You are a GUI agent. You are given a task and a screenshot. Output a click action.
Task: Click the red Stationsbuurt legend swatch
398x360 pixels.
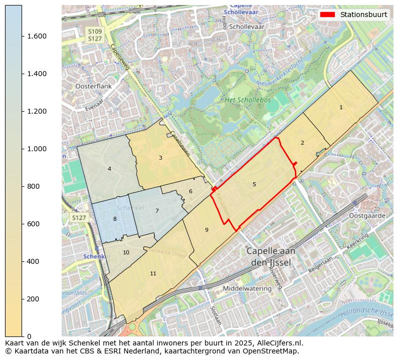point(328,15)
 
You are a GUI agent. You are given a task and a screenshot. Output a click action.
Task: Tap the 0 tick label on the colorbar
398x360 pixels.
point(29,336)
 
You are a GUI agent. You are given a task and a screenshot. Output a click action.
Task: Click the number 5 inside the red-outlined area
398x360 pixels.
point(254,184)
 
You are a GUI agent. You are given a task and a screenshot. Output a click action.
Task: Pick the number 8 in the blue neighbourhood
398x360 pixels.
point(115,219)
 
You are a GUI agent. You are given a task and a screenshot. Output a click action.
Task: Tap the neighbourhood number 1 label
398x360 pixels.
point(341,107)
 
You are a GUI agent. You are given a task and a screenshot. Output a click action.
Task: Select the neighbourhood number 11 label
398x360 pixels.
point(153,273)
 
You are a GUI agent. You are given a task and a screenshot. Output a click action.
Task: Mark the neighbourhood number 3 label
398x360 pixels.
point(160,158)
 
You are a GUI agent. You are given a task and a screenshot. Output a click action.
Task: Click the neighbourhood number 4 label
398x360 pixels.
point(109,169)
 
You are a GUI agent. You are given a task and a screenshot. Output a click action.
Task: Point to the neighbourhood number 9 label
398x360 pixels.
point(207,230)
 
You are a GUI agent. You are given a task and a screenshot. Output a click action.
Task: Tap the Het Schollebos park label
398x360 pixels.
point(248,100)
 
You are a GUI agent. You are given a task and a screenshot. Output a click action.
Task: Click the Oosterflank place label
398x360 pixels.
point(93,86)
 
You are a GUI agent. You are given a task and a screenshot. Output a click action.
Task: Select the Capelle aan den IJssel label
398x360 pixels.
point(271,256)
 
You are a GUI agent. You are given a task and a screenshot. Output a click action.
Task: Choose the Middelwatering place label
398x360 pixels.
point(247,288)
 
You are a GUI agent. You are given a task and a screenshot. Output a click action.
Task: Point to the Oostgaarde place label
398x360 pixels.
point(367,216)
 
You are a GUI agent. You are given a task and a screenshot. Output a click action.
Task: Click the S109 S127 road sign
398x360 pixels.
point(95,35)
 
